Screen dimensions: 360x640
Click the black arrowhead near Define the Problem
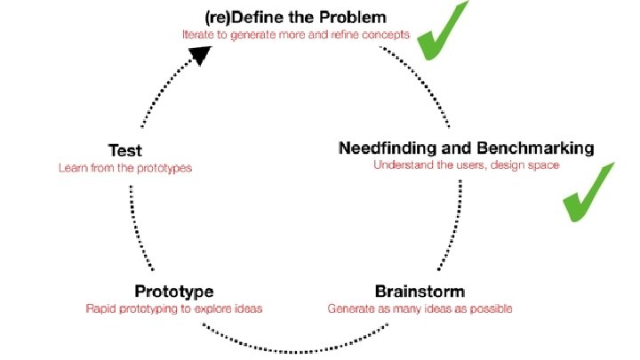[x=203, y=55]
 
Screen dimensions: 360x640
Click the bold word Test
[x=124, y=150]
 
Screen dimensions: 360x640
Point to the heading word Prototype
[x=174, y=292]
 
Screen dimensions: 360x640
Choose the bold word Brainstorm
[x=420, y=292]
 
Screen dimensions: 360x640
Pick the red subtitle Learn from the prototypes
[x=125, y=167]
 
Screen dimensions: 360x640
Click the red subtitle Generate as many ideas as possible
[x=420, y=308]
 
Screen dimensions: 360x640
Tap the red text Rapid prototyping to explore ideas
[x=174, y=308]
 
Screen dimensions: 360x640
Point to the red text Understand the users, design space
[x=466, y=164]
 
